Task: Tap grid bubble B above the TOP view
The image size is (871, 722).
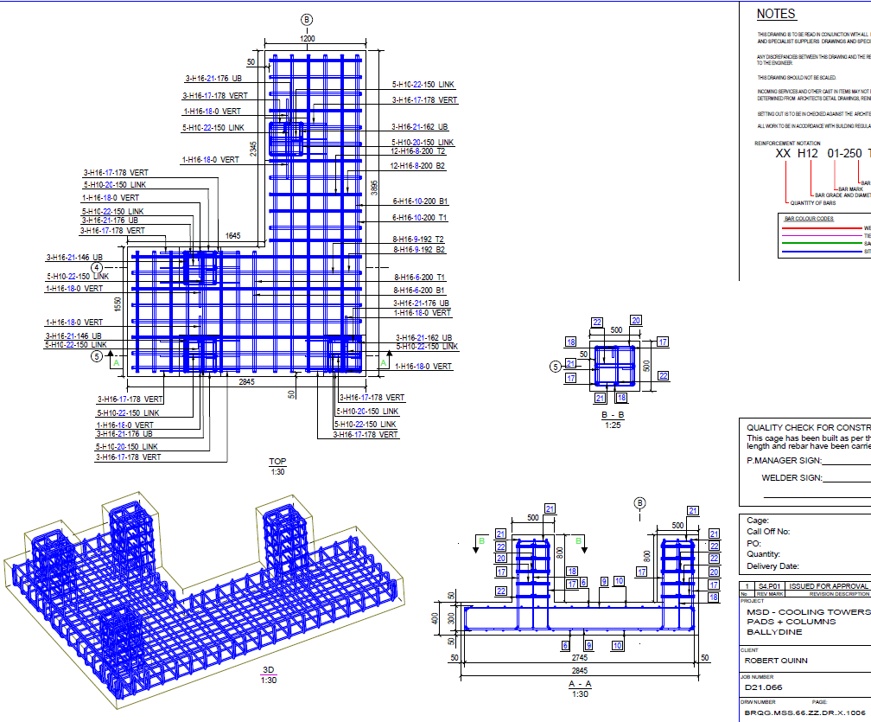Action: pyautogui.click(x=307, y=20)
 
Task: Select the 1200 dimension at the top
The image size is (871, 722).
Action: pyautogui.click(x=307, y=39)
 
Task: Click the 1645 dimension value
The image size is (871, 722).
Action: pyautogui.click(x=233, y=236)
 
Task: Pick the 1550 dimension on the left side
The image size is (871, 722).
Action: pyautogui.click(x=117, y=304)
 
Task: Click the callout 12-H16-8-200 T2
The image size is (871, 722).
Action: pyautogui.click(x=418, y=151)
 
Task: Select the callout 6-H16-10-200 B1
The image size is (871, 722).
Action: pyautogui.click(x=420, y=201)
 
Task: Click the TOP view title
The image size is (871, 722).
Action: pyautogui.click(x=277, y=462)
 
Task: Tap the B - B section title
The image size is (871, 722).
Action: pyautogui.click(x=612, y=416)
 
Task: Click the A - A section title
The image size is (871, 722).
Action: pyautogui.click(x=579, y=683)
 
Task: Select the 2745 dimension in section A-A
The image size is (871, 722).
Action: pyautogui.click(x=579, y=658)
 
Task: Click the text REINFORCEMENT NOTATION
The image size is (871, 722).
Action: pyautogui.click(x=787, y=144)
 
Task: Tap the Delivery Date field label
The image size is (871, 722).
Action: pyautogui.click(x=772, y=566)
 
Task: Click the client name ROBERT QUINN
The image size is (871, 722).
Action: pyautogui.click(x=776, y=660)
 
